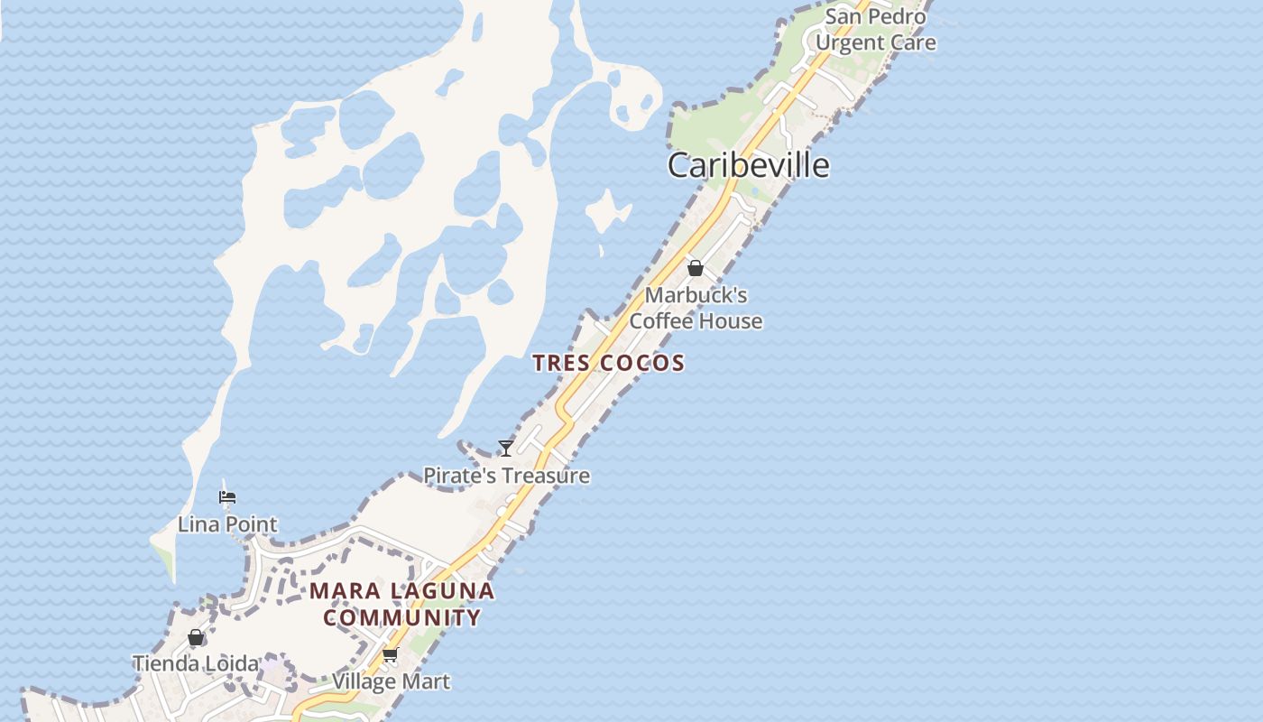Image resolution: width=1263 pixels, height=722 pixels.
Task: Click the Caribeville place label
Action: point(748,165)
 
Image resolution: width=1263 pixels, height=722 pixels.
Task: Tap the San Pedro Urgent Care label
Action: point(875,30)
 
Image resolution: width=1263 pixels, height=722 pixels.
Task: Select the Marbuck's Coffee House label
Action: point(696,308)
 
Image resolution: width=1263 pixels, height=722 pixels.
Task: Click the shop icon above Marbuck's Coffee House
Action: point(695,268)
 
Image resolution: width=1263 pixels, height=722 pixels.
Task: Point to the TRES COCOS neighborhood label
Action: point(608,363)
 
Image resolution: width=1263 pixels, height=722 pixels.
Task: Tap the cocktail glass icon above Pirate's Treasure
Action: point(506,448)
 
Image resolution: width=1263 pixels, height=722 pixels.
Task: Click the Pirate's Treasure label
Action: point(506,476)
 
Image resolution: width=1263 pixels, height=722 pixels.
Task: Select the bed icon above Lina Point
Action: point(227,497)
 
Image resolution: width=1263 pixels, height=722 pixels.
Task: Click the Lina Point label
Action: point(227,524)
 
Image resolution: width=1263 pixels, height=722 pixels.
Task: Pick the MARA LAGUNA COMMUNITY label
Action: point(402,605)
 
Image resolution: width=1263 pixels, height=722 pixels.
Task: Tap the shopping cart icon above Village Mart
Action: point(390,654)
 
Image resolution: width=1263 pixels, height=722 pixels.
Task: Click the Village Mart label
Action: point(391,681)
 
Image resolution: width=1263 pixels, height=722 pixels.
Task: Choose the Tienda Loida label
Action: point(196,664)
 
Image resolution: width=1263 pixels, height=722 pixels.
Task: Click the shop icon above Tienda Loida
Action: point(196,638)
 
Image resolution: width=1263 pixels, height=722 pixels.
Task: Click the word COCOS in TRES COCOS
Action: point(641,363)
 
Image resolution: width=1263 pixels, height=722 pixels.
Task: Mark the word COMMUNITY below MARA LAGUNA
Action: point(402,618)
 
